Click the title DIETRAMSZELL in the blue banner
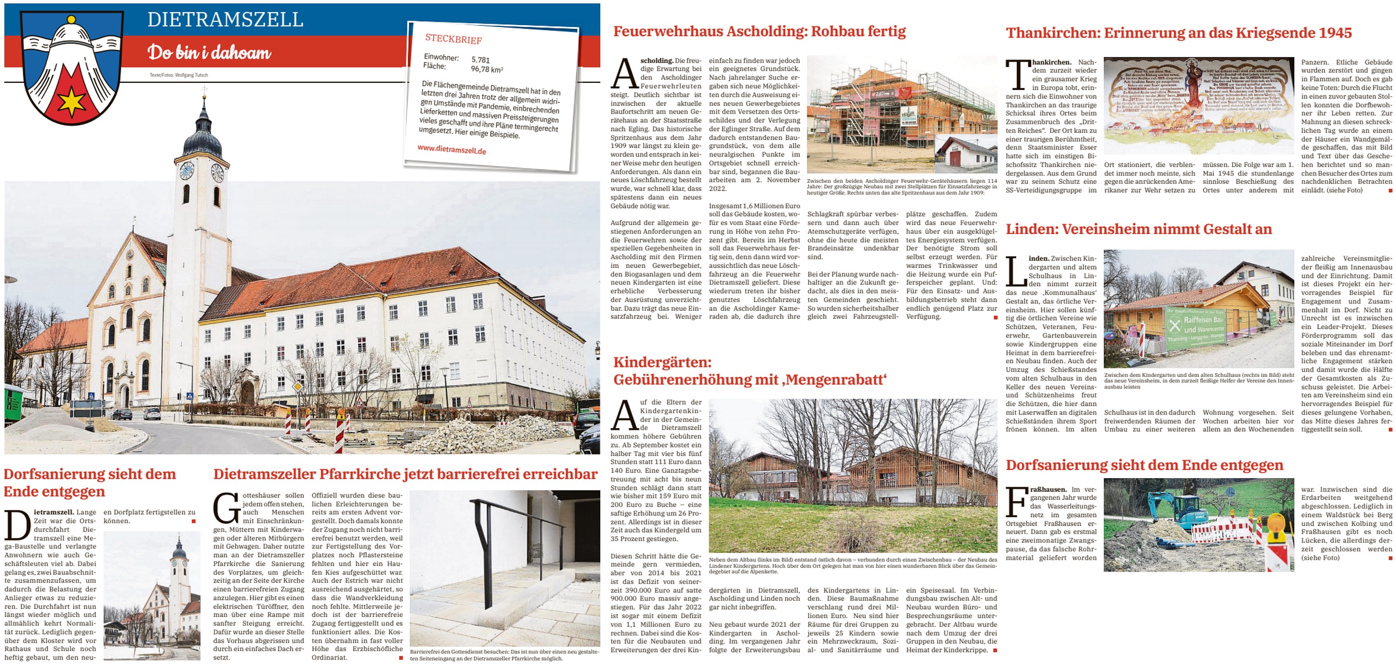[225, 20]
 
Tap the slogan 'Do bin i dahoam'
[209, 52]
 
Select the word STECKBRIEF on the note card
[453, 39]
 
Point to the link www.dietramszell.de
[452, 149]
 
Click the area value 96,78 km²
[487, 69]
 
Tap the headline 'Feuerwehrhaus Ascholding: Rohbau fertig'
[759, 31]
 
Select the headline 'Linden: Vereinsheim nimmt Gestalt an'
[1138, 229]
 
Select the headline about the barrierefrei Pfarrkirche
[405, 474]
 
